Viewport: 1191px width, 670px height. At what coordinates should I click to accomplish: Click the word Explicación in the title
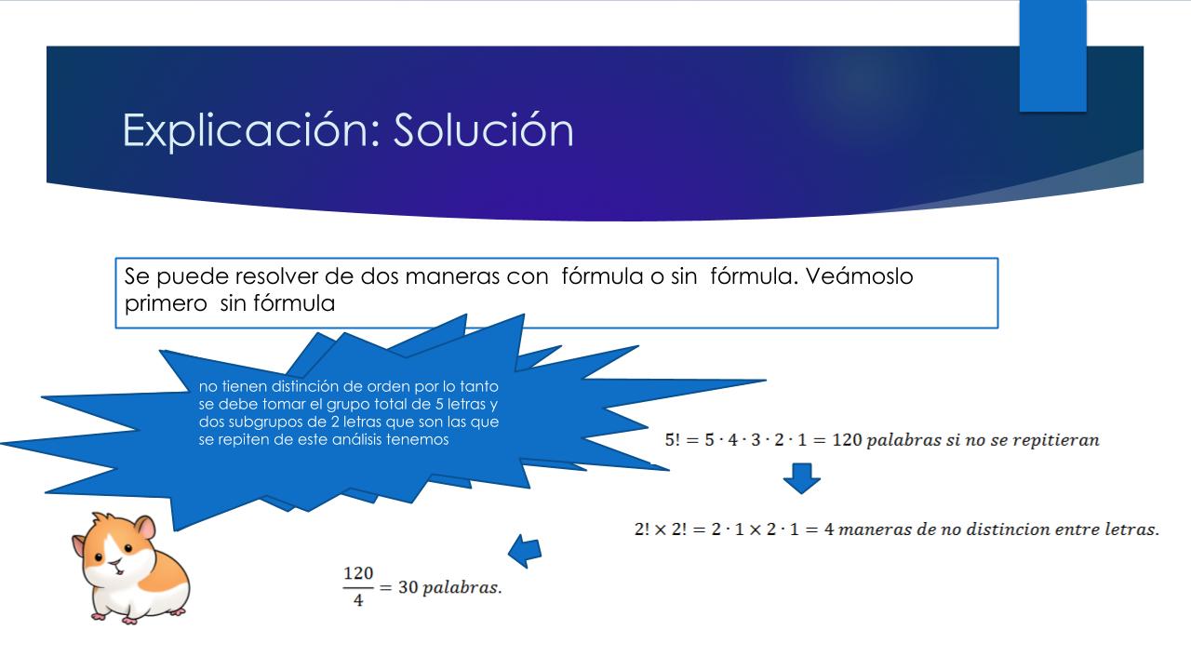245,130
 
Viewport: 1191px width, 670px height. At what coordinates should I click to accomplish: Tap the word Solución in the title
483,129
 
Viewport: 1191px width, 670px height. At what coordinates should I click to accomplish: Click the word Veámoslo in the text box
859,276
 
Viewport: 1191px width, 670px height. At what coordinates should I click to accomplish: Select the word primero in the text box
166,304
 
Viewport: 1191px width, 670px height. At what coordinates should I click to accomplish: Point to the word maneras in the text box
452,276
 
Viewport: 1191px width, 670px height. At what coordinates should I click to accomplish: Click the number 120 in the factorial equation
847,440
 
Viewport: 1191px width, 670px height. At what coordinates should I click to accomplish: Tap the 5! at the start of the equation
673,440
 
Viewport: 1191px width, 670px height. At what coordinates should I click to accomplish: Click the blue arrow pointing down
802,478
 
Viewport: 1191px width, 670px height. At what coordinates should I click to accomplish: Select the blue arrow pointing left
525,550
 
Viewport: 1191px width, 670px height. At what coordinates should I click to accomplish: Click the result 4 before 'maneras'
828,529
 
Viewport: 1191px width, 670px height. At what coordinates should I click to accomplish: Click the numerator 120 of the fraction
358,573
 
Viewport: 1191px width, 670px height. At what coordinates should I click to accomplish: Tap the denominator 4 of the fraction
358,600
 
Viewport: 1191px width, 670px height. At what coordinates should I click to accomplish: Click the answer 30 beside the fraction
408,587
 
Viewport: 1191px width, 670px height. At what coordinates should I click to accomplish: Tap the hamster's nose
114,563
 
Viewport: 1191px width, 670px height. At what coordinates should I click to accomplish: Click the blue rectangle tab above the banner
1052,56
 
